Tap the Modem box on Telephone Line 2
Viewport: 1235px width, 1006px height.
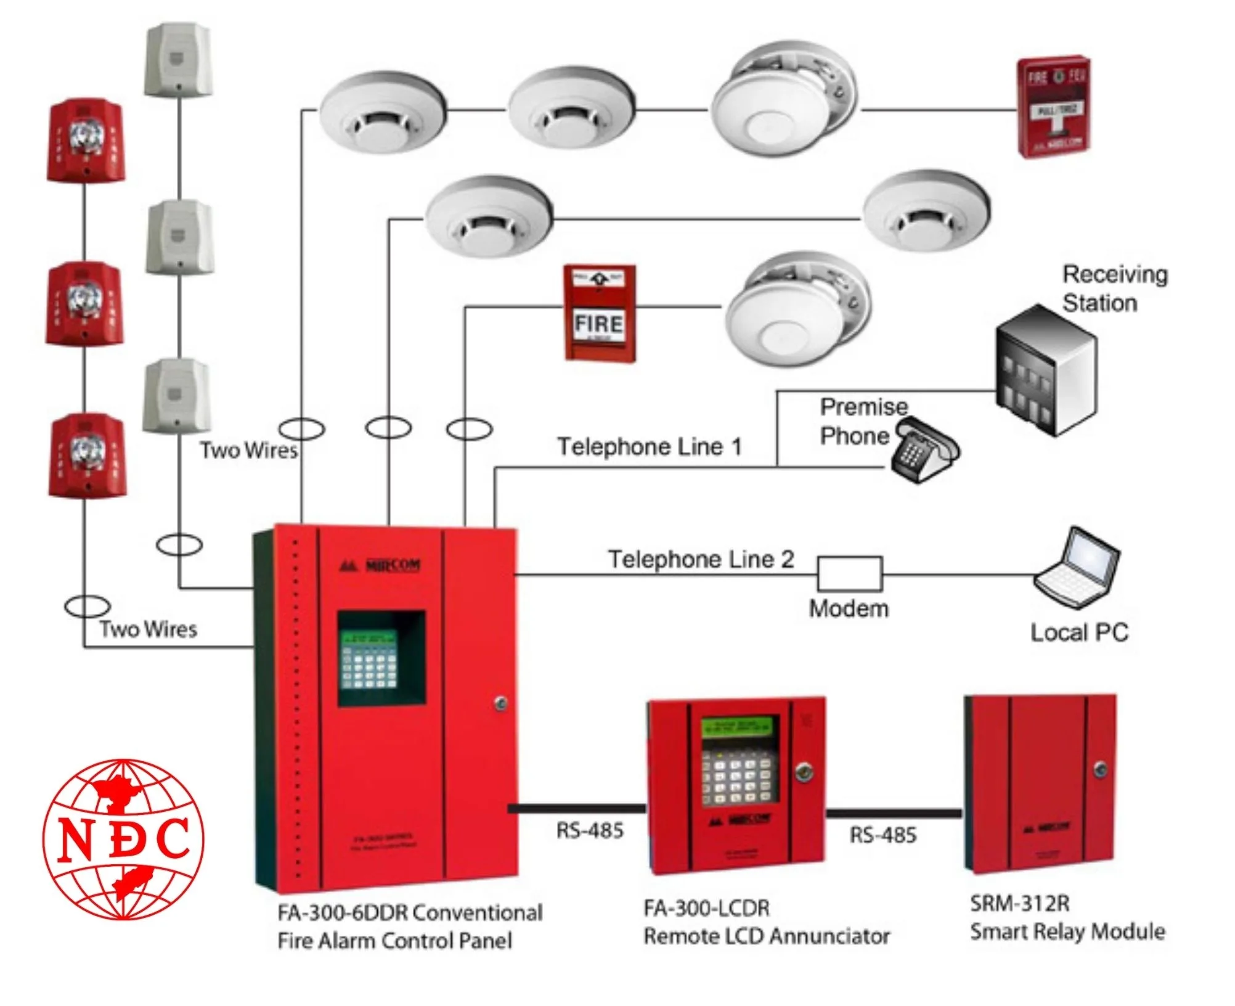(x=849, y=575)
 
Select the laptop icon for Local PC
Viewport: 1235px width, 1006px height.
(x=1077, y=568)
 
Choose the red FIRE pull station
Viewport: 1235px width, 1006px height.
(x=600, y=313)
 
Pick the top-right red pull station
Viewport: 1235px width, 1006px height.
(x=1053, y=107)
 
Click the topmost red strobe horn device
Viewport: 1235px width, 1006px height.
(x=86, y=141)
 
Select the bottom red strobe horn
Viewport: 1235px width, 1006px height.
(x=87, y=456)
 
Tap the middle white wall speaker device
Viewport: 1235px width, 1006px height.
(x=179, y=237)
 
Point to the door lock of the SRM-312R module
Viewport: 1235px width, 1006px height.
(x=1100, y=769)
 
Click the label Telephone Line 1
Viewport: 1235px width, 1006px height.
(x=649, y=447)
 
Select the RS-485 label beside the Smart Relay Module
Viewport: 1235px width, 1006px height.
(x=882, y=835)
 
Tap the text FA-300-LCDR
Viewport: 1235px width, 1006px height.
(x=707, y=908)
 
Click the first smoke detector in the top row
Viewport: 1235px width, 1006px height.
(x=381, y=111)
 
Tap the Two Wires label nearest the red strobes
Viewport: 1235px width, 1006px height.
(x=148, y=629)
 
